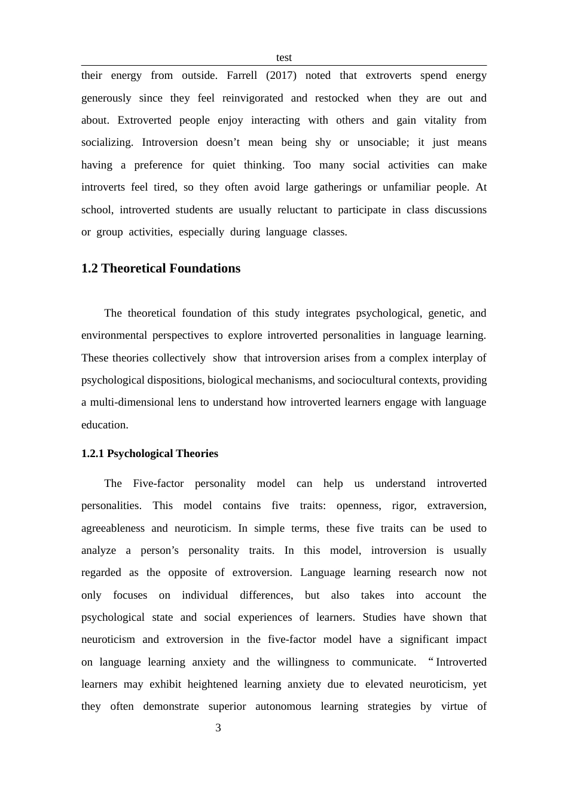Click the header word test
(x=283, y=58)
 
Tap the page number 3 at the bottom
(x=218, y=728)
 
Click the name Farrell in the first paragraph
(x=242, y=76)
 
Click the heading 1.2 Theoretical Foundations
(x=161, y=268)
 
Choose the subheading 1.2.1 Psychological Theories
(x=149, y=453)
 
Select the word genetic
(x=445, y=313)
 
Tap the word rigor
(x=404, y=506)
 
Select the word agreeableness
(x=113, y=528)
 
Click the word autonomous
(x=283, y=707)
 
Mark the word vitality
(x=440, y=120)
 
